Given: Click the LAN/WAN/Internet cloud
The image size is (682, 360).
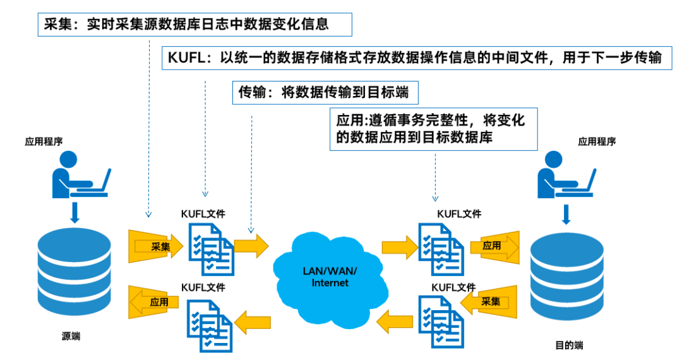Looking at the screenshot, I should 330,277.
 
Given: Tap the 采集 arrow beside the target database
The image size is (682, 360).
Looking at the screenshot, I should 489,301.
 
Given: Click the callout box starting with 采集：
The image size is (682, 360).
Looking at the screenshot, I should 194,25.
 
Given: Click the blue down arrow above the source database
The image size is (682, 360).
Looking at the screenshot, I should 75,212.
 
